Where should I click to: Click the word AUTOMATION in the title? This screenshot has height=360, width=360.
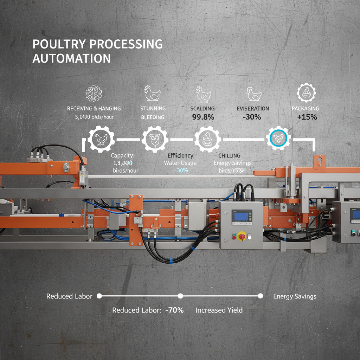[x=71, y=58]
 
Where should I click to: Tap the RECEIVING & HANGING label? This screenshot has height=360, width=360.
[x=94, y=109]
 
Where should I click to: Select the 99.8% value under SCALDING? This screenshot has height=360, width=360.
[x=203, y=117]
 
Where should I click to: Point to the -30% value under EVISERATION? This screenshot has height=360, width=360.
[x=252, y=117]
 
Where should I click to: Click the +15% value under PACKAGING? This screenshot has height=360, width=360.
[x=307, y=117]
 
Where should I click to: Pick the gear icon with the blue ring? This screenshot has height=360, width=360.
[x=278, y=139]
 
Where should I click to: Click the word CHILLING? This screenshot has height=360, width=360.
[x=229, y=155]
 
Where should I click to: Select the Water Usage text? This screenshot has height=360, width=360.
[x=180, y=163]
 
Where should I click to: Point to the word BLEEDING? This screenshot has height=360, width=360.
[x=153, y=117]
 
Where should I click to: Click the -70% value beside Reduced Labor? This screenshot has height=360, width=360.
[x=174, y=310]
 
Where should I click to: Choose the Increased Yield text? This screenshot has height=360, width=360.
[x=219, y=310]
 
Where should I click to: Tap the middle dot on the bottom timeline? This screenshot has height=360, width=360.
[x=180, y=296]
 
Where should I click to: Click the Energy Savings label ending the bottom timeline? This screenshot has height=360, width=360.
[x=295, y=296]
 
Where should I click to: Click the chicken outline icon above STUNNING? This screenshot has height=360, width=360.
[x=153, y=94]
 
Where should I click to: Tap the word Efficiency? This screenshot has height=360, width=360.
[x=180, y=155]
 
